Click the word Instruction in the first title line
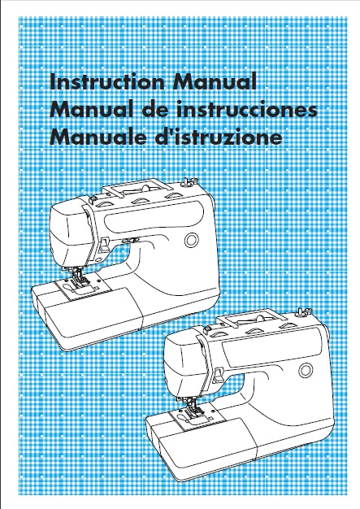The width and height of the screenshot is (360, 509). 107,81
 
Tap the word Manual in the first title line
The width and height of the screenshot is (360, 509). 215,81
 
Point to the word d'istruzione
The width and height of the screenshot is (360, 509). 217,137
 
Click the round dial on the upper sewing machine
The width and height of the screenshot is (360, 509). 191,240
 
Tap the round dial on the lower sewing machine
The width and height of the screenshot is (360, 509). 306,370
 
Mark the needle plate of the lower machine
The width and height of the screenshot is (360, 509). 193,415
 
